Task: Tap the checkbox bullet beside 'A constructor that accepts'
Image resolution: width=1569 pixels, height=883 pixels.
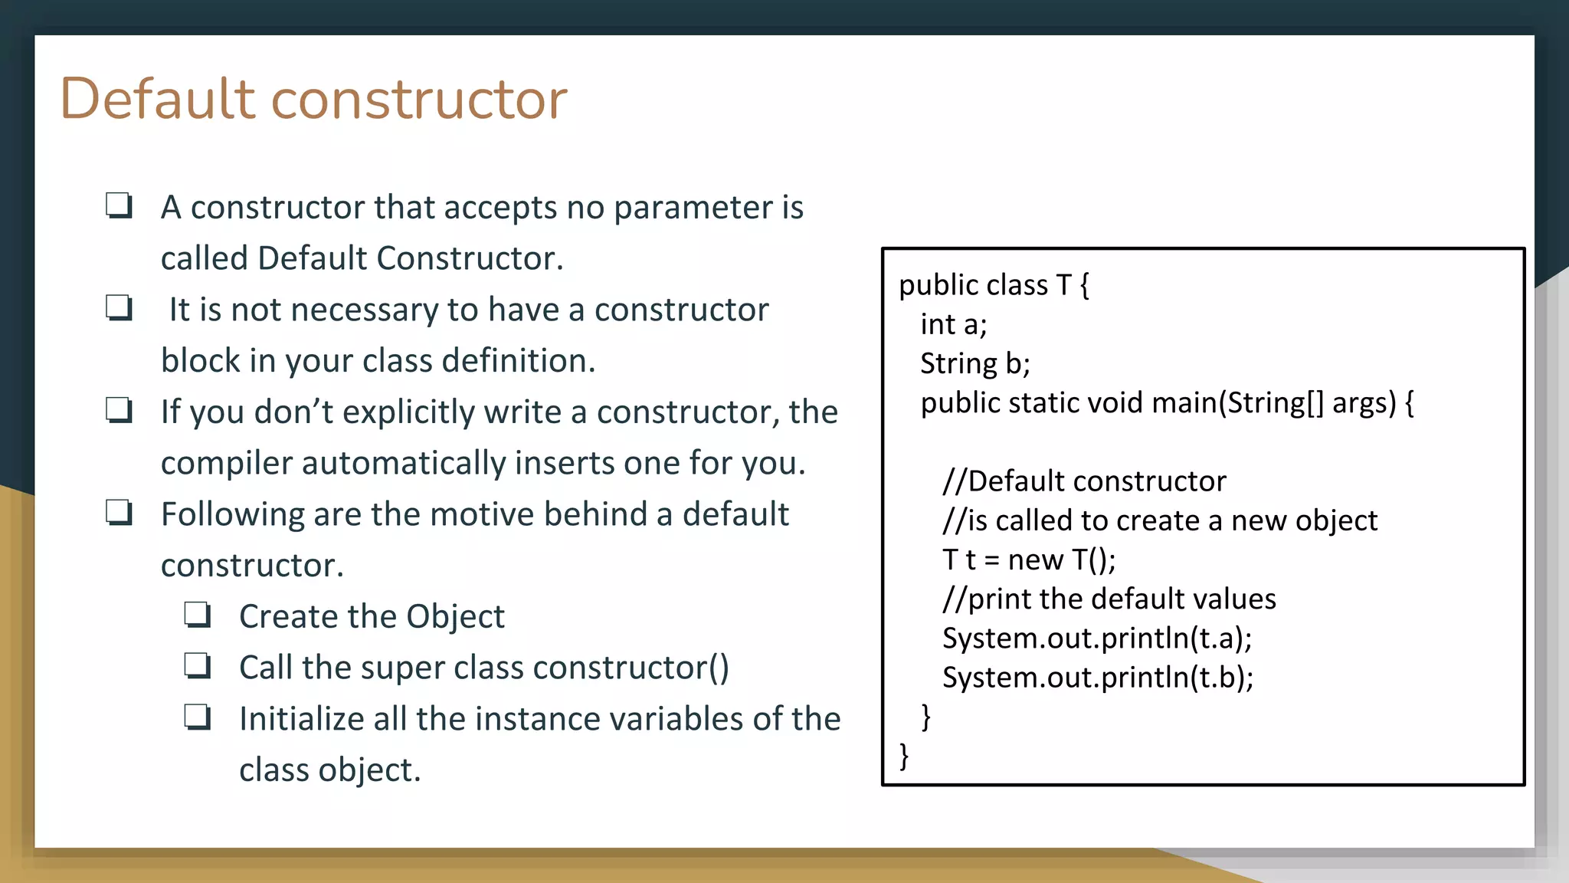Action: pos(119,205)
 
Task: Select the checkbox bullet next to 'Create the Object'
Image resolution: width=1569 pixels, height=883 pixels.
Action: pos(198,615)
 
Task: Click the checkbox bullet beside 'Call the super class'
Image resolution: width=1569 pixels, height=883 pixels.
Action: pos(198,666)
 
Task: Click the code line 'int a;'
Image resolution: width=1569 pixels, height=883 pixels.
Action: pos(953,325)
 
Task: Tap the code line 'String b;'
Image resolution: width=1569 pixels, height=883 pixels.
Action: pos(974,364)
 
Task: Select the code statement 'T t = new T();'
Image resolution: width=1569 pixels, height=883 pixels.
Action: pos(1028,560)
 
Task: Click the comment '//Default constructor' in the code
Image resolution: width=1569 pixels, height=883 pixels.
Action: pos(1084,481)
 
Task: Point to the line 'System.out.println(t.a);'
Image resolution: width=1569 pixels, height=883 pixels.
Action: pos(1096,638)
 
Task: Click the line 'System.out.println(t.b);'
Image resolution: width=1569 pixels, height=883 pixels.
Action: pos(1097,678)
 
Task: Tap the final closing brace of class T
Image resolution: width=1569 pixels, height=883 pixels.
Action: pos(904,756)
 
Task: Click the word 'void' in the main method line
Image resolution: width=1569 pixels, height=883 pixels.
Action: pos(1116,403)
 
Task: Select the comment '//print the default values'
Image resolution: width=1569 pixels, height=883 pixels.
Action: pos(1109,599)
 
